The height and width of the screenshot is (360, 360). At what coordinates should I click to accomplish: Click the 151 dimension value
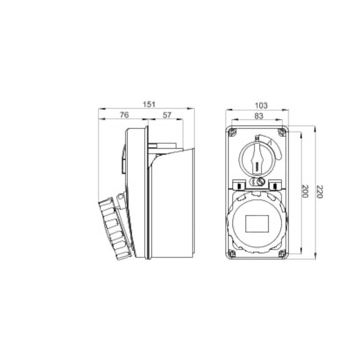149,104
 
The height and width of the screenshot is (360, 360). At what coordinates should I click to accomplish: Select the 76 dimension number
124,115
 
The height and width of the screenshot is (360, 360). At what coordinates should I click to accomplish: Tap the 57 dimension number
167,115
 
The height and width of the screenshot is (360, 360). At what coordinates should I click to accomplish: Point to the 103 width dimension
261,105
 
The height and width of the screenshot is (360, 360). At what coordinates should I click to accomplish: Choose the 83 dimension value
259,116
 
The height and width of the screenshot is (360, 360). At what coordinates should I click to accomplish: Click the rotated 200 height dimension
305,191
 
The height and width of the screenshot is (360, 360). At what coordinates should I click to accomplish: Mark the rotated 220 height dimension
320,192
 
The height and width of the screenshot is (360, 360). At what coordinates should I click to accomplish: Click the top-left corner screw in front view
232,132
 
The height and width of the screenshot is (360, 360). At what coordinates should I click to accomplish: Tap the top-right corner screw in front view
282,132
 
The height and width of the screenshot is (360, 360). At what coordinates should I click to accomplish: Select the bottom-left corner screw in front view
232,253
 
